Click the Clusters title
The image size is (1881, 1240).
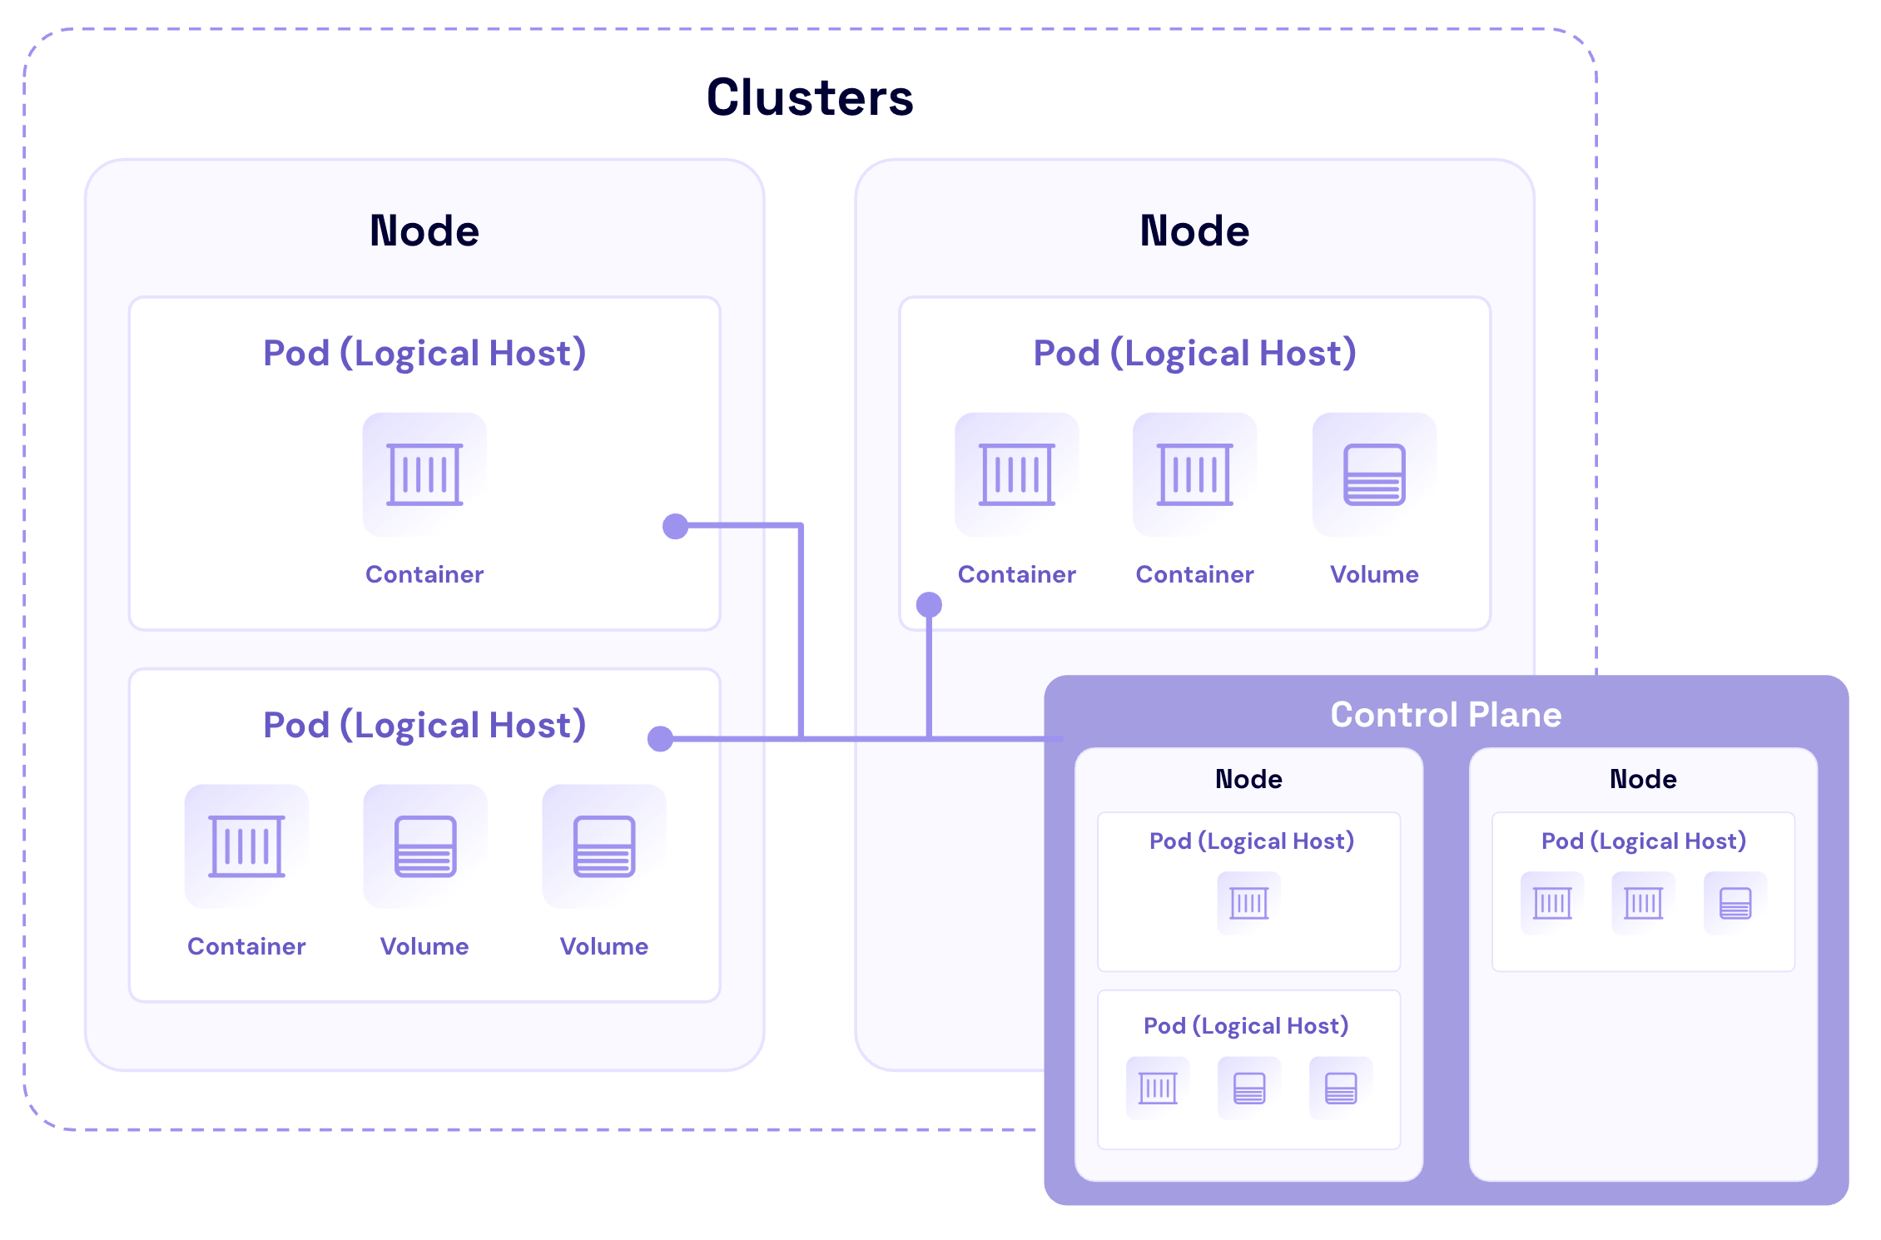tap(810, 97)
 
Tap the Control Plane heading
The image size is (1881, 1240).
tap(1446, 715)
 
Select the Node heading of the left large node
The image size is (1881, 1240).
tap(424, 231)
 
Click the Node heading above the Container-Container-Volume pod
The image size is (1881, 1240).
tap(1194, 231)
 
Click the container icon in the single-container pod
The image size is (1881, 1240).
tap(424, 474)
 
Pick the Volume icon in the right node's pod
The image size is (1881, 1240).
tap(1374, 474)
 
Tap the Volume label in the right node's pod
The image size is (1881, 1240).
tap(1374, 574)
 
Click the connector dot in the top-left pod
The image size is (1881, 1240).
tap(675, 526)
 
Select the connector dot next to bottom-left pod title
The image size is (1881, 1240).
tap(660, 738)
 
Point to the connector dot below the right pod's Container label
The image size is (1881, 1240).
tap(929, 604)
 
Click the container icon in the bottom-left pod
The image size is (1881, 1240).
tap(246, 846)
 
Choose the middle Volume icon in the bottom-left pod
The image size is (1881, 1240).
tap(424, 846)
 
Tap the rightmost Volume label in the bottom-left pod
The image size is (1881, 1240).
tap(603, 946)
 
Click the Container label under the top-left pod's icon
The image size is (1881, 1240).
tap(424, 574)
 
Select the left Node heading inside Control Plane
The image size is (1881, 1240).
tap(1248, 779)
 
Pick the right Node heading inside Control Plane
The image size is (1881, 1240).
tap(1643, 779)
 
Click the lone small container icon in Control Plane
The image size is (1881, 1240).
tap(1248, 903)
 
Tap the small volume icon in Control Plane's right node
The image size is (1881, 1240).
tap(1735, 903)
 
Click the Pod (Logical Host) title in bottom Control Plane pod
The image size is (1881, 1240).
tap(1246, 1025)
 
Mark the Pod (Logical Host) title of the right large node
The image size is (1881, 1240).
tap(1194, 353)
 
